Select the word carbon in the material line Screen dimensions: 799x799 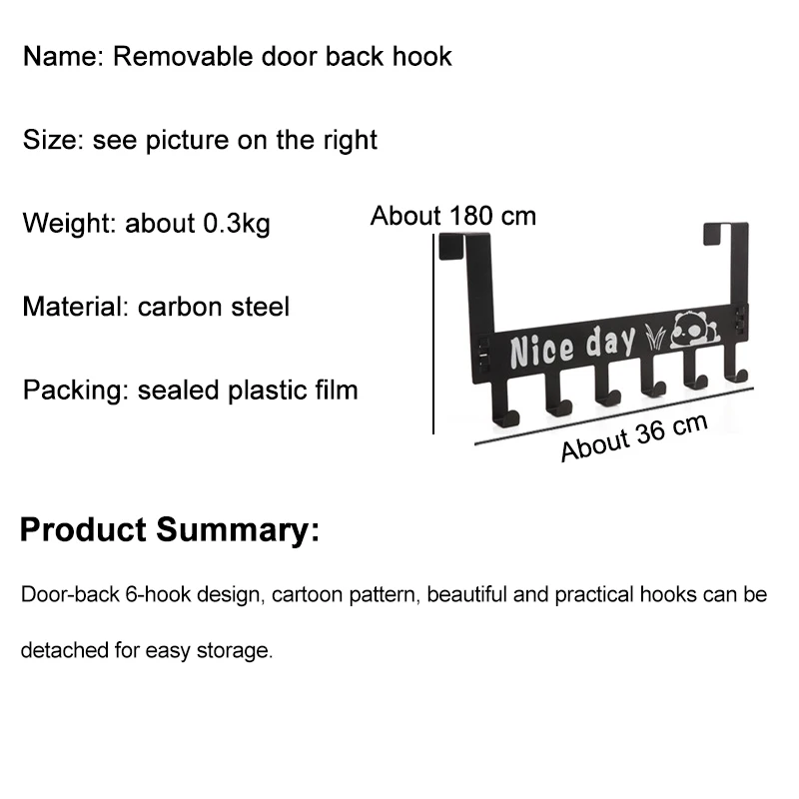(x=177, y=306)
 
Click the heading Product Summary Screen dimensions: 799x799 (x=170, y=529)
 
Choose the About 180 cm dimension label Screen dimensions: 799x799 (x=453, y=216)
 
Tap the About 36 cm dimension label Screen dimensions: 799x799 (x=633, y=436)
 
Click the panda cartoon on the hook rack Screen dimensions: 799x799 (x=690, y=330)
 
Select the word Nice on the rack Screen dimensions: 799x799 (x=541, y=350)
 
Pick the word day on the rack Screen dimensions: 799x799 (x=610, y=342)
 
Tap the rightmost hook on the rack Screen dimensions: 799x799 (x=737, y=370)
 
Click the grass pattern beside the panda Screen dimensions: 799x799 (x=654, y=336)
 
